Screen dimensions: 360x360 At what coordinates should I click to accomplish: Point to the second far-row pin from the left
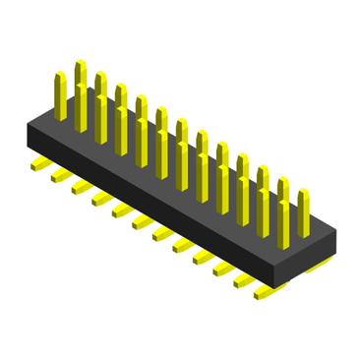pyautogui.click(x=100, y=92)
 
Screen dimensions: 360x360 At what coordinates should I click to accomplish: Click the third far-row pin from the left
pyautogui.click(x=120, y=103)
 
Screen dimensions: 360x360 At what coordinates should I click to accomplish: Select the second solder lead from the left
pyautogui.click(x=59, y=176)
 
